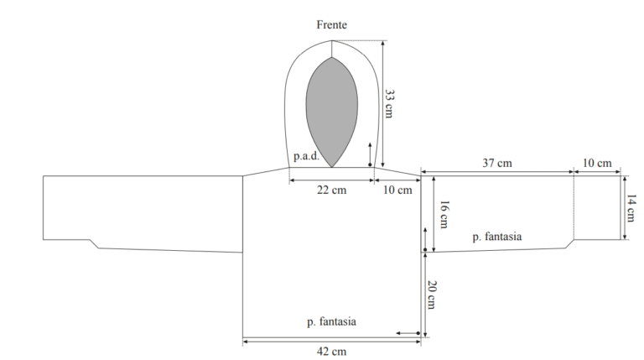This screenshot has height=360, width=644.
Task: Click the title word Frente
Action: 331,24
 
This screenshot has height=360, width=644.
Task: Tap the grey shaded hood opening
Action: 332,112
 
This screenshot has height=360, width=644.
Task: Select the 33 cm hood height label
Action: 389,104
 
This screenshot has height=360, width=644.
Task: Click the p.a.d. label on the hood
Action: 306,156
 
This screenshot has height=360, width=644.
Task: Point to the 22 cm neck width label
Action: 331,190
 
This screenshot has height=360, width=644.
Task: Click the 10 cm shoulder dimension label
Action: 397,190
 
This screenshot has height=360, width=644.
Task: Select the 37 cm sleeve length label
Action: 497,163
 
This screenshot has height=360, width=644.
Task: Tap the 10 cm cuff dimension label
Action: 597,163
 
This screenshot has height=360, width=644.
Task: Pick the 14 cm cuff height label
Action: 631,208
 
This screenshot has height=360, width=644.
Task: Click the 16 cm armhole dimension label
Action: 444,214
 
